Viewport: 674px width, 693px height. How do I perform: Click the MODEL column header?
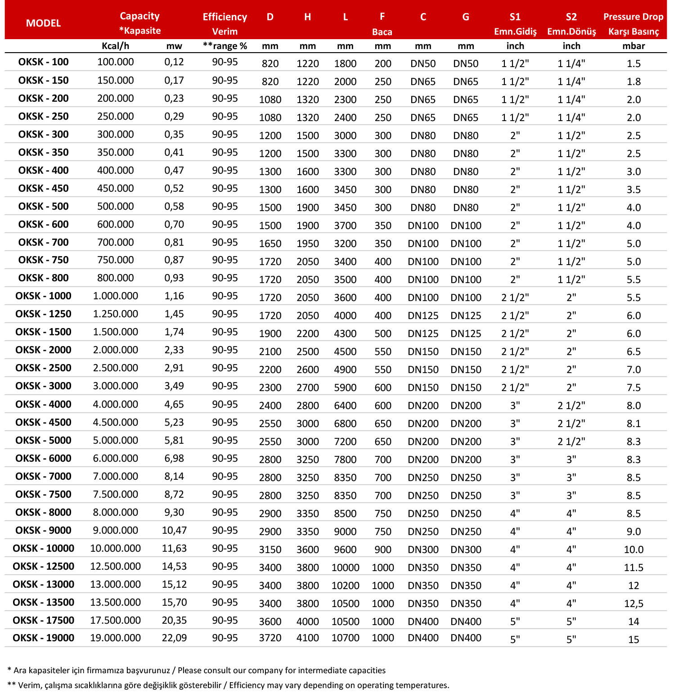click(x=43, y=23)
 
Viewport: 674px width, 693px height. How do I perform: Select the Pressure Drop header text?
click(x=633, y=17)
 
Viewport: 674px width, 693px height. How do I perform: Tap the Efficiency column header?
click(x=225, y=17)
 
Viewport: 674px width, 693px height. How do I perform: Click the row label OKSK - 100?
click(x=43, y=62)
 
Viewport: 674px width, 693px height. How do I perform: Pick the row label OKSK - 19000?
click(x=43, y=638)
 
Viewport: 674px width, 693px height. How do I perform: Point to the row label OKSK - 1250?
click(x=43, y=314)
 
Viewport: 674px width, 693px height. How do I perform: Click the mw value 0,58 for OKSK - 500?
click(x=174, y=207)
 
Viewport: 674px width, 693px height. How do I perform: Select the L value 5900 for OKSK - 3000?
click(x=345, y=387)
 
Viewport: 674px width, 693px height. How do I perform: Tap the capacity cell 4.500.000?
click(x=115, y=423)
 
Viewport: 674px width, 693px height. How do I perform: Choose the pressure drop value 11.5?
click(x=634, y=567)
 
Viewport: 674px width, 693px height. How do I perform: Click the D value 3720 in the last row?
click(x=270, y=638)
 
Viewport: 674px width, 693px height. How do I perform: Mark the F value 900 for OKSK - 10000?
click(x=382, y=549)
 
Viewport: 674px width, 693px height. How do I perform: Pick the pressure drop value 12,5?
click(x=634, y=603)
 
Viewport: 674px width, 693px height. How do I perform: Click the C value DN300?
click(x=423, y=549)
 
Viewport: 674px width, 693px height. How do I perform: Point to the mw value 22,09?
click(x=174, y=638)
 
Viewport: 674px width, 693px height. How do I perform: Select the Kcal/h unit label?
click(x=115, y=46)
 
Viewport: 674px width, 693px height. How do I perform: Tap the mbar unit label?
click(x=634, y=46)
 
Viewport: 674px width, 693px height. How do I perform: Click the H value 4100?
click(x=307, y=638)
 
